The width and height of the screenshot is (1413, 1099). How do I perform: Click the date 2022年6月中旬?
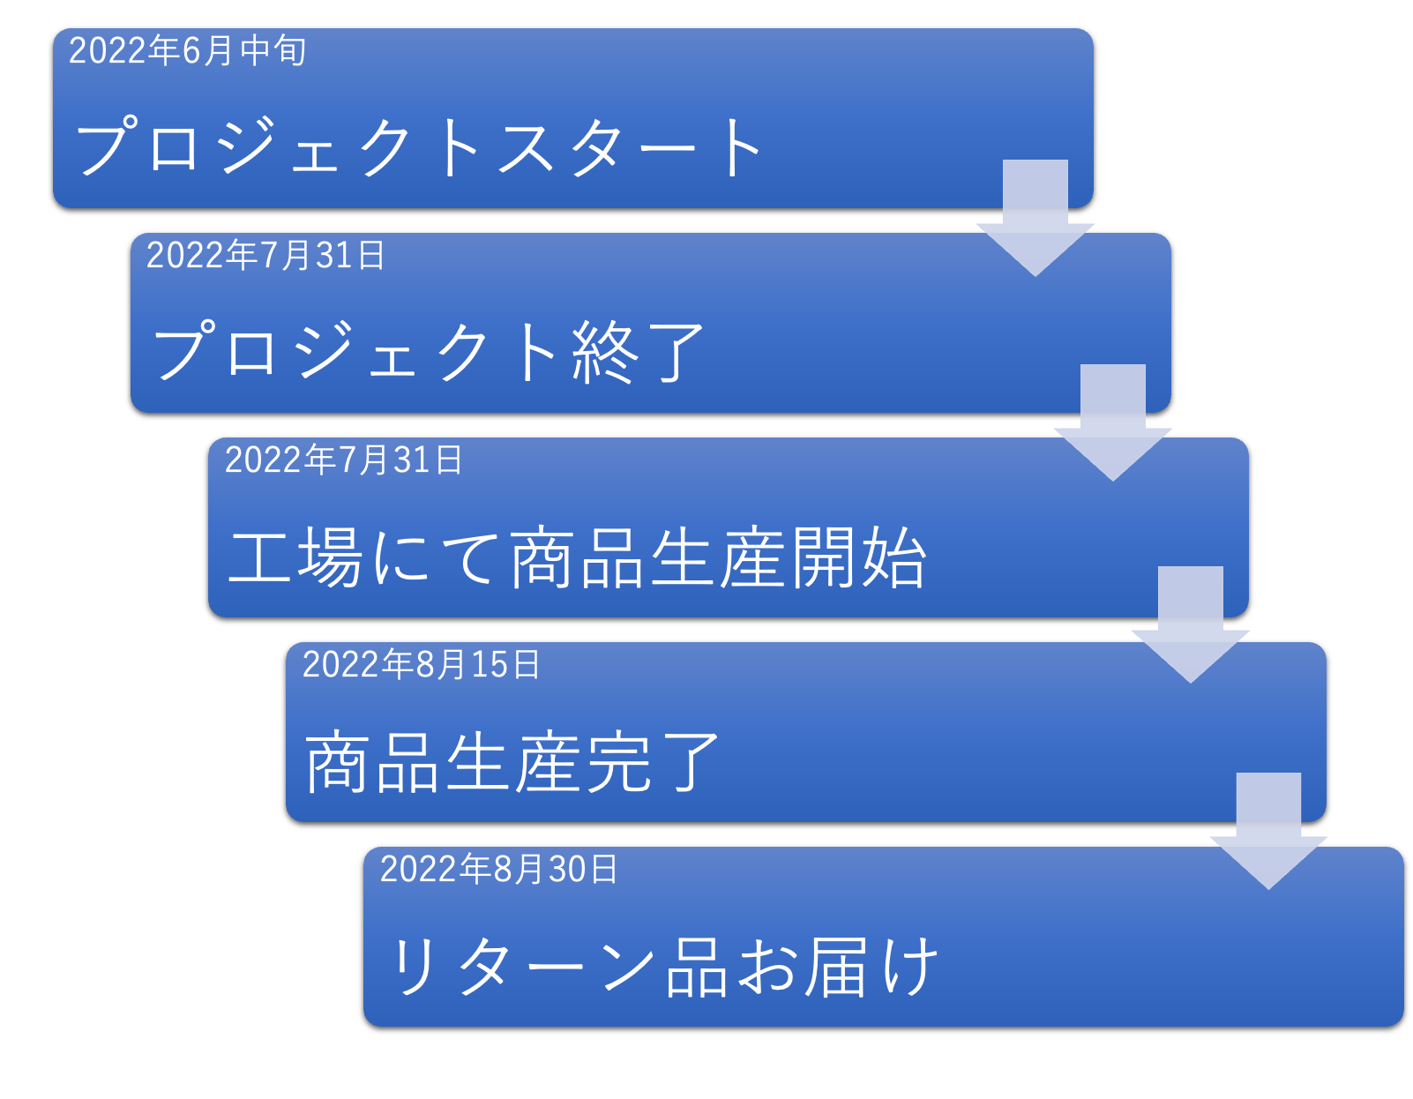[x=187, y=51]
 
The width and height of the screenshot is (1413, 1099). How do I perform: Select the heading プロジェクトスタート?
[x=420, y=147]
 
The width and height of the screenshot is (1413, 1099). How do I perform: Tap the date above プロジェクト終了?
[x=265, y=256]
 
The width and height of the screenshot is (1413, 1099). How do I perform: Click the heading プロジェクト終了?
[x=429, y=352]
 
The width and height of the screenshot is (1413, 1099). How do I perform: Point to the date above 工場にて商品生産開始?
[x=343, y=460]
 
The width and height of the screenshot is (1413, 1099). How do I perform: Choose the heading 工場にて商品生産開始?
[x=578, y=557]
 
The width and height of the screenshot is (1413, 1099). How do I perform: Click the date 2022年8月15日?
[x=421, y=665]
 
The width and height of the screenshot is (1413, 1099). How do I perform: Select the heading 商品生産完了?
[x=512, y=762]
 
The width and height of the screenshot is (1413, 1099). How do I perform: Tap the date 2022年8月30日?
[x=498, y=870]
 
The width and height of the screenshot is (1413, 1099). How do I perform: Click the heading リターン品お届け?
[x=663, y=968]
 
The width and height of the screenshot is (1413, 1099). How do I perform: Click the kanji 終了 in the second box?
[x=637, y=352]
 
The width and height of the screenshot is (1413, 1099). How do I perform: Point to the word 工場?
[x=295, y=557]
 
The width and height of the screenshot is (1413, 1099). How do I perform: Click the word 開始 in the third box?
[x=858, y=557]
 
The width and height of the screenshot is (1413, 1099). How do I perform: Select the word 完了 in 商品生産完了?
[x=652, y=762]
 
